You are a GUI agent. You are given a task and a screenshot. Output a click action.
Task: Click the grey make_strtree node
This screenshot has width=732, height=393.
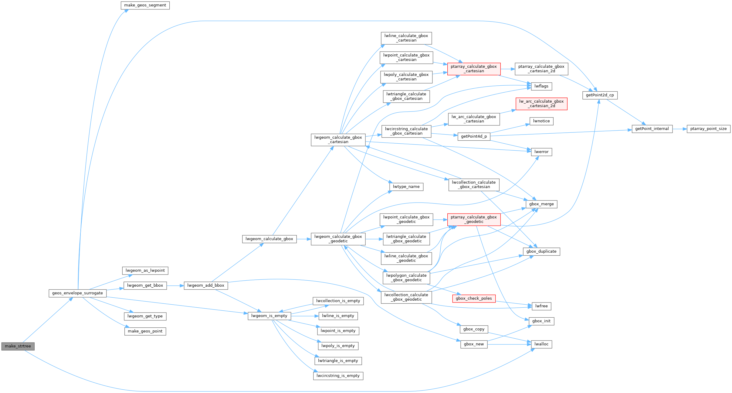pos(18,346)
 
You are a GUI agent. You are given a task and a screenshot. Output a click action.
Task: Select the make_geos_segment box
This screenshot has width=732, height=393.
pos(145,5)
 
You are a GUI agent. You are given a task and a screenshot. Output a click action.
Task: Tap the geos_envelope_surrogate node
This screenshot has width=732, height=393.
pos(77,293)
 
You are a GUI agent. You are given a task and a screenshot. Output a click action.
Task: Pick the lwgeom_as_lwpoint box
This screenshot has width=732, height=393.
pos(145,271)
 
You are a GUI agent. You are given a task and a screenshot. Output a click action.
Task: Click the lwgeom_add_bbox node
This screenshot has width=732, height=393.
pos(206,285)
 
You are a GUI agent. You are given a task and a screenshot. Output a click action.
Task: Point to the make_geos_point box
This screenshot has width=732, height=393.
pos(145,331)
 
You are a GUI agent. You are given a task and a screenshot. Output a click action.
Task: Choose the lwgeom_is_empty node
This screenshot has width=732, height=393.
pos(269,316)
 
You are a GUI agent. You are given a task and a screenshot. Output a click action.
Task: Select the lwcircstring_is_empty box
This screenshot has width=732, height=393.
pos(338,376)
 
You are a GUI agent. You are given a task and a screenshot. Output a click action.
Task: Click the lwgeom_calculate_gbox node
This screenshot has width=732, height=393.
pos(269,239)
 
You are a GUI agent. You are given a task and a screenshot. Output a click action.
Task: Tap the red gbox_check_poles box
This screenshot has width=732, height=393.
pos(474,299)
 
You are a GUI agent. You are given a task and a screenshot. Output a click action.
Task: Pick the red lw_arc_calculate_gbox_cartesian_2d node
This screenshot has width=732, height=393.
pos(541,104)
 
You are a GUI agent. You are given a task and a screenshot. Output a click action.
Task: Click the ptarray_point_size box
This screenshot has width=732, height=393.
pos(708,129)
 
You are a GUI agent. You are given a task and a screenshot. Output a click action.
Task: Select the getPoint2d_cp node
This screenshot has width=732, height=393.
pos(600,95)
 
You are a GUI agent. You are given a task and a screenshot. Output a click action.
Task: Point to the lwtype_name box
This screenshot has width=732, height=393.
pos(406,187)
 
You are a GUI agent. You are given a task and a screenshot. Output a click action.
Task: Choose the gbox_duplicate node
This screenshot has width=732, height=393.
pos(541,251)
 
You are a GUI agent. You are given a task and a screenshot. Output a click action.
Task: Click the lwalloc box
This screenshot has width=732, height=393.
pos(541,344)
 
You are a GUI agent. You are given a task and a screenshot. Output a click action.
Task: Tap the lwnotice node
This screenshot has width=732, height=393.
pos(541,121)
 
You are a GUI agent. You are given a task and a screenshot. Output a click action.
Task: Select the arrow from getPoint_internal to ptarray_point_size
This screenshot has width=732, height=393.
pos(679,129)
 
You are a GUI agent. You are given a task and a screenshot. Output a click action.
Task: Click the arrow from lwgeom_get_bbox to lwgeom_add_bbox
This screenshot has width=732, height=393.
pos(175,285)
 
